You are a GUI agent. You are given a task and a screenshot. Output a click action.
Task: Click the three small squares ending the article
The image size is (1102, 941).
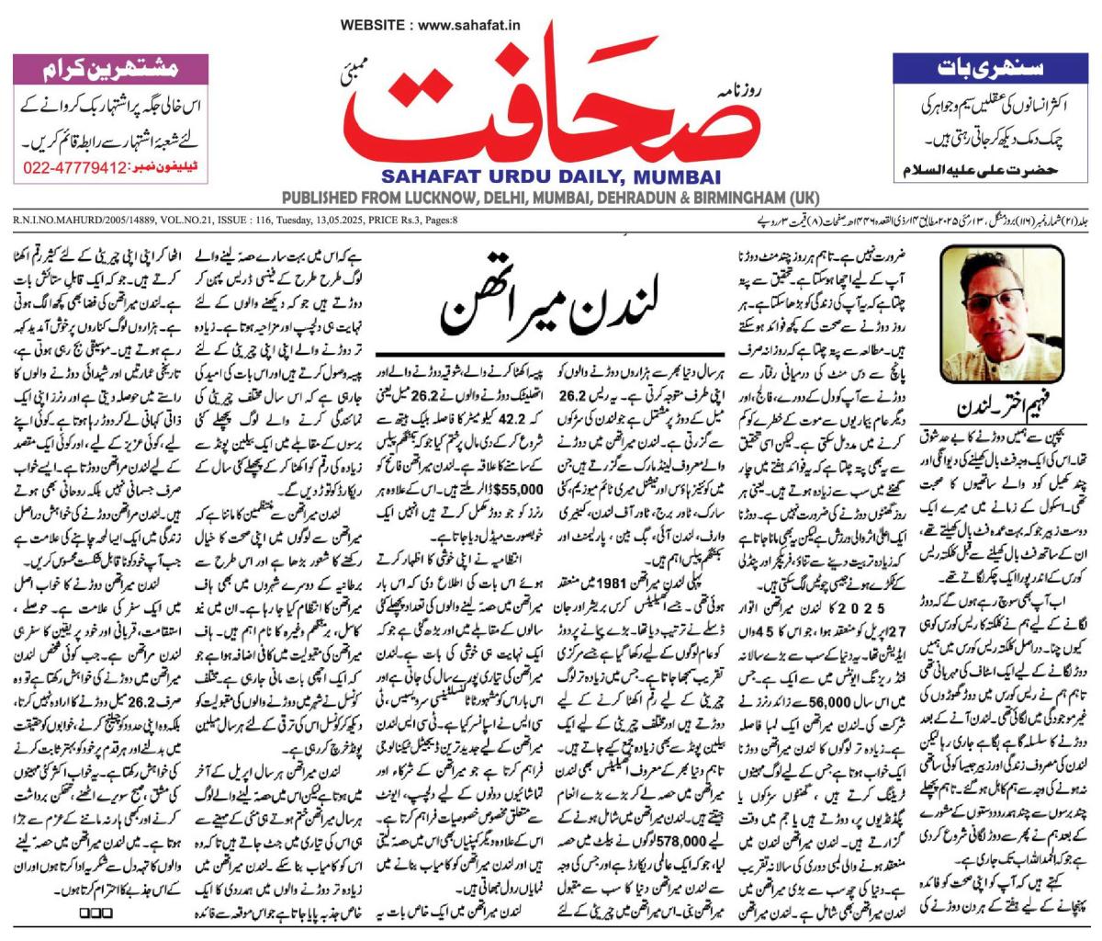coord(96,912)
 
